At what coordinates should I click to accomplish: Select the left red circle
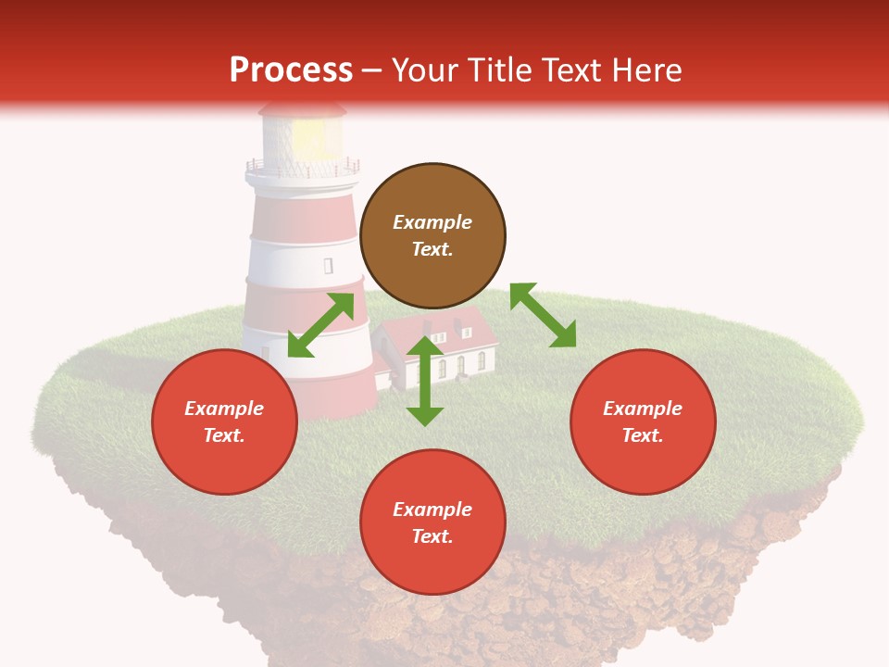coord(224,422)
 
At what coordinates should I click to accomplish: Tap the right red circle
coord(643,422)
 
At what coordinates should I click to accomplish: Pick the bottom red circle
coord(432,522)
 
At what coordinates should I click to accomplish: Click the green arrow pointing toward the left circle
coord(320,324)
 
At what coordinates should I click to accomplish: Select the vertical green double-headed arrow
coord(425,381)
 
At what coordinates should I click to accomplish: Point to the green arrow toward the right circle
coord(543,315)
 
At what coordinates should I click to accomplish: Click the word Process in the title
coord(291,69)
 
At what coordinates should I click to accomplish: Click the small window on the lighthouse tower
coord(328,266)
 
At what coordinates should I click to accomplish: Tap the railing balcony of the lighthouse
coord(302,170)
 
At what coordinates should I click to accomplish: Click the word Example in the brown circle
coord(432,222)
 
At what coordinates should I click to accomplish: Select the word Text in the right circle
coord(643,435)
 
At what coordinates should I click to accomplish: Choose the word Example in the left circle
coord(224,409)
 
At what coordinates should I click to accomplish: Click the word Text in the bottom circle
coord(432,536)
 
